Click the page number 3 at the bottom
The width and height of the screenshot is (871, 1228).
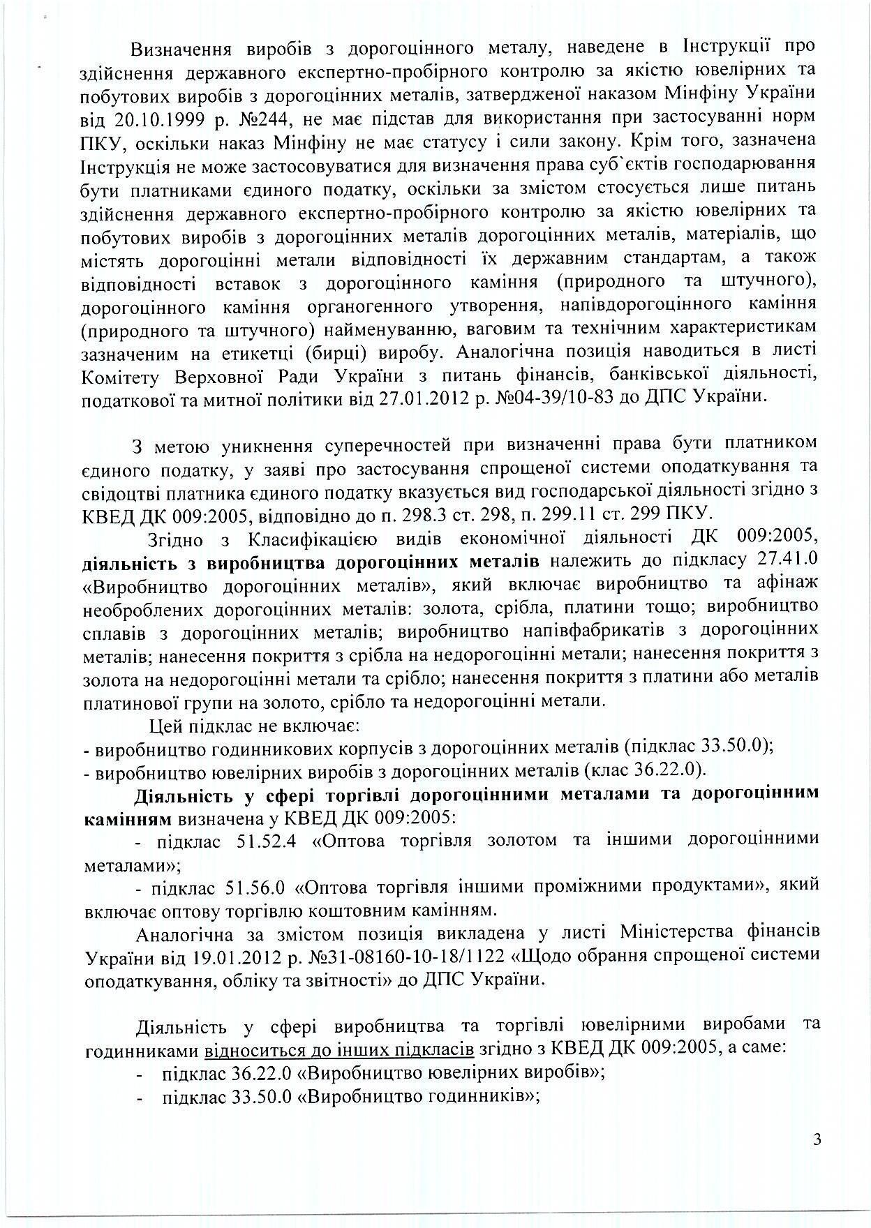pyautogui.click(x=817, y=1140)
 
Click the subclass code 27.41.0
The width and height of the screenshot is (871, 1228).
pyautogui.click(x=787, y=562)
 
